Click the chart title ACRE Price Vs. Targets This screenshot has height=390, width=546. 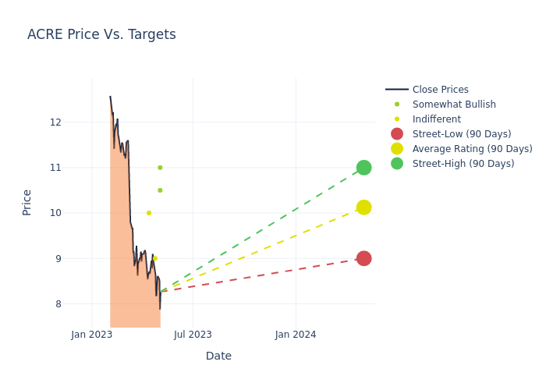point(101,34)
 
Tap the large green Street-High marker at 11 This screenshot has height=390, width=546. point(363,168)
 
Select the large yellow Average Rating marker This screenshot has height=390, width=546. point(363,207)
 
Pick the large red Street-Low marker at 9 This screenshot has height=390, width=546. point(363,258)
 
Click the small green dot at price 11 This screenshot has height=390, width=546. point(160,168)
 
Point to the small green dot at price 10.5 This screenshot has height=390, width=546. point(160,190)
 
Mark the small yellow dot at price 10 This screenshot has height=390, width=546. point(149,213)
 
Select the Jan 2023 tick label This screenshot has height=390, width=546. point(92,335)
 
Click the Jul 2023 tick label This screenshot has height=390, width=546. point(193,335)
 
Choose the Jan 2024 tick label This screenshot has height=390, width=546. point(296,335)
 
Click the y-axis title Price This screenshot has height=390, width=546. point(27,202)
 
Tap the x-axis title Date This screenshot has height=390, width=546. point(218,356)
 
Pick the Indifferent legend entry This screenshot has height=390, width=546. point(436,119)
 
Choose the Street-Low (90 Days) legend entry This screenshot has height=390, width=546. point(461,134)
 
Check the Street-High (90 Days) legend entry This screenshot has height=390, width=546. point(463,164)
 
